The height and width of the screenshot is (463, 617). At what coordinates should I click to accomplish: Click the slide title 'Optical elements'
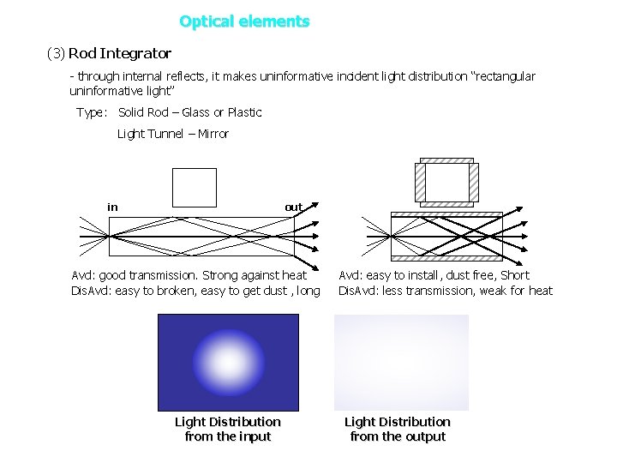coord(244,21)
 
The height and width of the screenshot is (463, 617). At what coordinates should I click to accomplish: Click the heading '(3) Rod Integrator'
coord(109,53)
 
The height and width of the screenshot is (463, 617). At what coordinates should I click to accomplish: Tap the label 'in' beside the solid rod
coord(112,207)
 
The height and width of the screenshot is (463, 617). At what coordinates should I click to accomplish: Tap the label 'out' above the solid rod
coord(293,207)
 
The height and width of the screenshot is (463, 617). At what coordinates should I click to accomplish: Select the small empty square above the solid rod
coord(195,187)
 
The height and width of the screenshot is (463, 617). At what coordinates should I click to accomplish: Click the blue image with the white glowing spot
coord(228,363)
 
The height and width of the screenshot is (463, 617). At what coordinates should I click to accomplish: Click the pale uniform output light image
coord(401,363)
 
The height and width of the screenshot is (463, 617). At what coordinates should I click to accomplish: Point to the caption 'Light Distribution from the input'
coord(227,429)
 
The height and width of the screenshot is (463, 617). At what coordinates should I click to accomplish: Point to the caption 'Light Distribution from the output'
coord(397,429)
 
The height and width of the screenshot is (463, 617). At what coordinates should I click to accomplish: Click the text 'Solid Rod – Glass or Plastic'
coord(190,112)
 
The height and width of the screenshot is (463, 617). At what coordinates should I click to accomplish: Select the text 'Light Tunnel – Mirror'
coord(173,134)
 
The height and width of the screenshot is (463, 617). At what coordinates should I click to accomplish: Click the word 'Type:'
coord(92,112)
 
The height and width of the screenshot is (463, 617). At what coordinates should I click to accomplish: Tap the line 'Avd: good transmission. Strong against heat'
coord(189,275)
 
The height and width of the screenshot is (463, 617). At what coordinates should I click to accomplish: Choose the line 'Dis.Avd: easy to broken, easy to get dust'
coord(195,291)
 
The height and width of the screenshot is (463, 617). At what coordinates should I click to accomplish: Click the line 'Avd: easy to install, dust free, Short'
coord(434,275)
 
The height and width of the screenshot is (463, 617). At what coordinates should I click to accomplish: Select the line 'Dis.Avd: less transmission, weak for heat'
coord(446,291)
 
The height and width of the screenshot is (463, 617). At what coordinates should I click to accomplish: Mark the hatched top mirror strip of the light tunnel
coord(446,214)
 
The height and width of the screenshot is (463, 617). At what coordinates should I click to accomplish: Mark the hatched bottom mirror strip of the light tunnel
coord(446,258)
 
